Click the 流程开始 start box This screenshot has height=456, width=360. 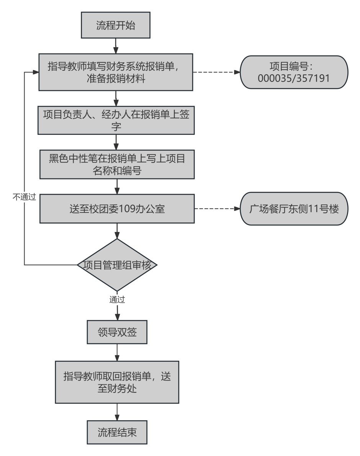pyautogui.click(x=115, y=25)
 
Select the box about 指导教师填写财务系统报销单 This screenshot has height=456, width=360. pyautogui.click(x=115, y=72)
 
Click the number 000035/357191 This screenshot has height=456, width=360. pyautogui.click(x=294, y=78)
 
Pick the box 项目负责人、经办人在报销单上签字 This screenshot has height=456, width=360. pyautogui.click(x=116, y=120)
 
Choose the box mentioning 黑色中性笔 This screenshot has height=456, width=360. pyautogui.click(x=117, y=164)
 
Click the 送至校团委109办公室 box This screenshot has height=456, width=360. pyautogui.click(x=117, y=209)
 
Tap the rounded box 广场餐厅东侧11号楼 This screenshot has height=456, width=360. pyautogui.click(x=294, y=209)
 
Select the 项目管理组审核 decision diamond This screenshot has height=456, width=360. pyautogui.click(x=117, y=265)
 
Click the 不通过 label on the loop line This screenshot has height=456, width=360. pyautogui.click(x=24, y=197)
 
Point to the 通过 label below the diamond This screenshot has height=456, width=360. pyautogui.click(x=117, y=299)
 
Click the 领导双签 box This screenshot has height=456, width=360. pyautogui.click(x=117, y=332)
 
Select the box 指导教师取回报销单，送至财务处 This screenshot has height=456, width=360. pyautogui.click(x=117, y=382)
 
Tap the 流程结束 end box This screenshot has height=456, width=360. pyautogui.click(x=117, y=432)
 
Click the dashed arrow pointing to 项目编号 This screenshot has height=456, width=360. pyautogui.click(x=216, y=72)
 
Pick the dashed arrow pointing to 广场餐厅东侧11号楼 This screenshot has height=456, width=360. pyautogui.click(x=217, y=209)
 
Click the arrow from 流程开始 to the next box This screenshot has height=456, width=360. pyautogui.click(x=115, y=46)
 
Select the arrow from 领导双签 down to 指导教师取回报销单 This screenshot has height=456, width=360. pyautogui.click(x=117, y=352)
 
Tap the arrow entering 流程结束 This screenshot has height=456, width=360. pyautogui.click(x=117, y=412)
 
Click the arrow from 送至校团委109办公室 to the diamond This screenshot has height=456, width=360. pyautogui.click(x=117, y=231)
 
